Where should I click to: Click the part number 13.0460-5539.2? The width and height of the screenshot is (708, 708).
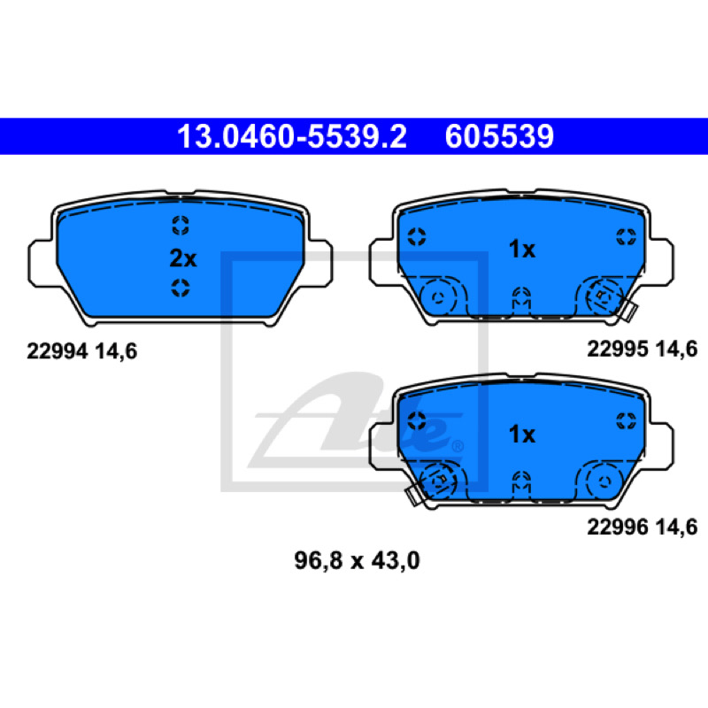(292, 136)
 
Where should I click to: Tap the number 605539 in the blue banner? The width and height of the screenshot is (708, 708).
(499, 136)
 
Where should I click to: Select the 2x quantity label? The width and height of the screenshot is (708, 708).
(183, 258)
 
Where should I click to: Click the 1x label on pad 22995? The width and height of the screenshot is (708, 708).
(521, 249)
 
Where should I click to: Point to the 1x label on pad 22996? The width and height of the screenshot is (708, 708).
(521, 434)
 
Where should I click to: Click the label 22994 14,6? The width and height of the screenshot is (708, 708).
(81, 351)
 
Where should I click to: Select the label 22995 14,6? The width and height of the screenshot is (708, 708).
(643, 349)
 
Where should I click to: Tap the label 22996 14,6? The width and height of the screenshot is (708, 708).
(643, 527)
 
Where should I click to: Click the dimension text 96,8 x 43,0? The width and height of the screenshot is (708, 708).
(357, 560)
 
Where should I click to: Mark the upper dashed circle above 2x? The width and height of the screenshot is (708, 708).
(181, 226)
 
